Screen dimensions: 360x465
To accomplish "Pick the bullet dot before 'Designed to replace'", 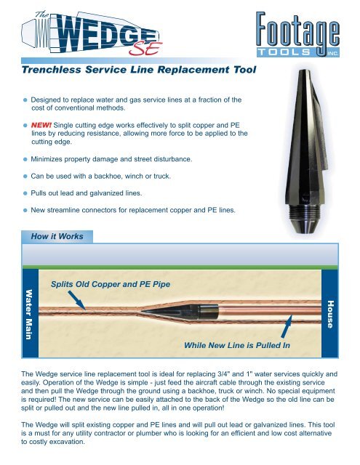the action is click(x=25, y=97).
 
